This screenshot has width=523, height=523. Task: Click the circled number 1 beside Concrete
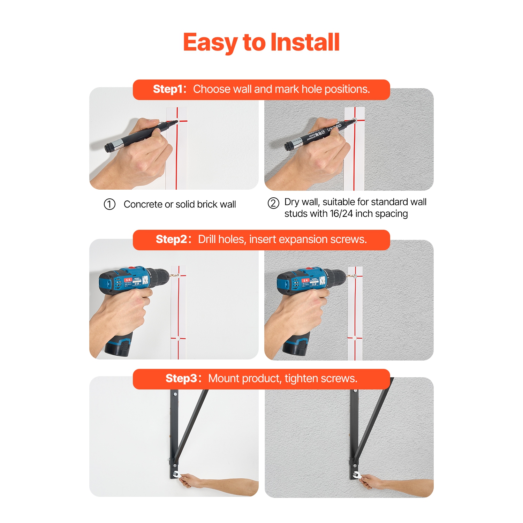pyautogui.click(x=109, y=204)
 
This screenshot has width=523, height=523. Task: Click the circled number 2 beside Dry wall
pyautogui.click(x=273, y=203)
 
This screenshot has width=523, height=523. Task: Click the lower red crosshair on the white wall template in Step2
pyautogui.click(x=178, y=338)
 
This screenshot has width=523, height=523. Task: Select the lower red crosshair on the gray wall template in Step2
pyautogui.click(x=355, y=338)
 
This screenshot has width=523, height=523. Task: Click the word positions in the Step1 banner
pyautogui.click(x=347, y=89)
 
